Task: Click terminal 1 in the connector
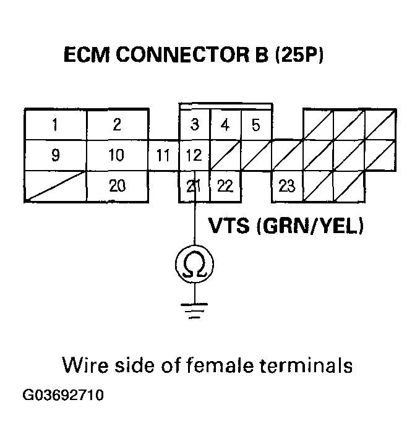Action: tap(55, 124)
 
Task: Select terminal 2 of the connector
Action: tap(117, 124)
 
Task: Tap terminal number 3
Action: tap(194, 125)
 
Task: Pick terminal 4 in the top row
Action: tap(225, 125)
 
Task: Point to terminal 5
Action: tap(255, 125)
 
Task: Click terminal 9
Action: tap(55, 155)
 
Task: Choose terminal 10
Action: tap(117, 155)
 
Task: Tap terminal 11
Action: tap(163, 155)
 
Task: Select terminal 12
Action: tap(194, 155)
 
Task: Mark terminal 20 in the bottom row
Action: tap(117, 185)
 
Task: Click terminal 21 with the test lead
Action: tap(194, 185)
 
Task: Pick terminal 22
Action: tap(225, 185)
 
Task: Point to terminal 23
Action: tap(287, 185)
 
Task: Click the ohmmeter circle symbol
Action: tap(194, 265)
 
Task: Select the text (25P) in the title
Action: tap(298, 56)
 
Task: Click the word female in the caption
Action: tap(221, 365)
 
